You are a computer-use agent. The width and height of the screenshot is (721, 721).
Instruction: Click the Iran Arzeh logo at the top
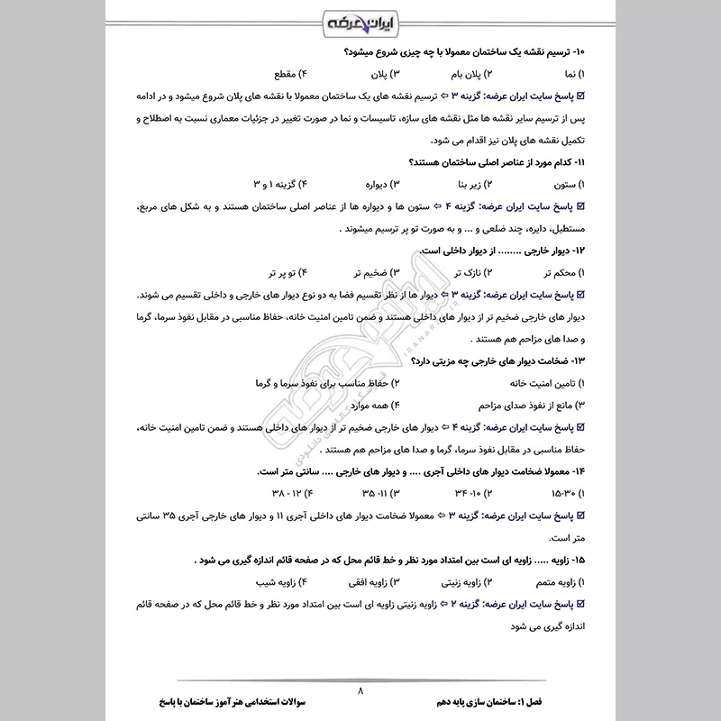(360, 21)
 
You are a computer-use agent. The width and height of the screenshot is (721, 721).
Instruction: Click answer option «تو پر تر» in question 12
(283, 271)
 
